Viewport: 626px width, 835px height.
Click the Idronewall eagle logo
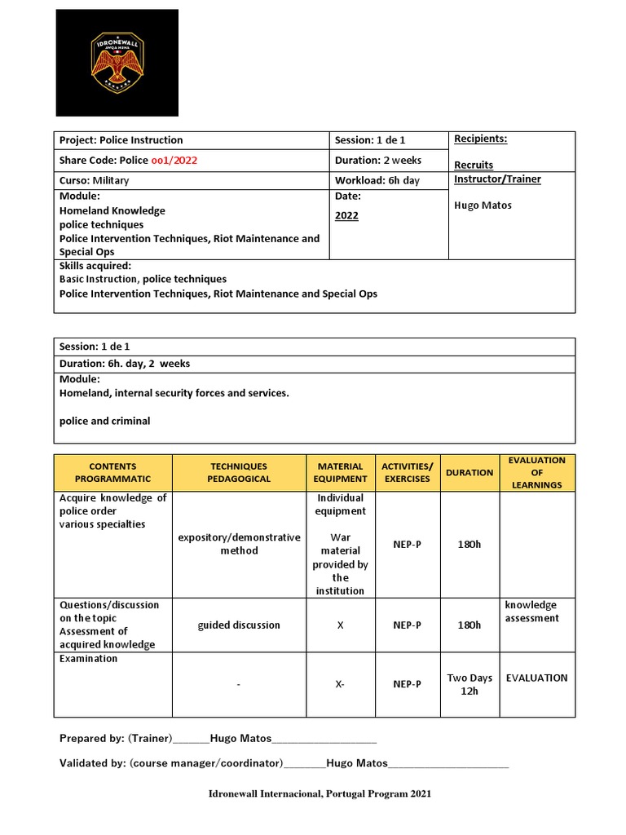117,63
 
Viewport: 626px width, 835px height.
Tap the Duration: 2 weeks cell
378,161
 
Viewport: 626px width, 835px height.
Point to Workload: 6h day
377,180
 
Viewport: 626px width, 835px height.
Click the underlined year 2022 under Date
346,216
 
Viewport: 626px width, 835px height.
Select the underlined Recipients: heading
480,139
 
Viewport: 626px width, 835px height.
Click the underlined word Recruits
474,165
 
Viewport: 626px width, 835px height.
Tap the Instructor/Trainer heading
497,179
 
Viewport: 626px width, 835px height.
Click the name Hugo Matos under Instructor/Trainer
483,205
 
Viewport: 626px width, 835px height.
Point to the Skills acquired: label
95,266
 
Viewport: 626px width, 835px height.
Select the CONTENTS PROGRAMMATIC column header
113,473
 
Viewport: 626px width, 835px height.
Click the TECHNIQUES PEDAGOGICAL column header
239,473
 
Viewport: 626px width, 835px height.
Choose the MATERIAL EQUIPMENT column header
340,473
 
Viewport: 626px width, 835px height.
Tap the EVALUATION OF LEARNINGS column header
536,473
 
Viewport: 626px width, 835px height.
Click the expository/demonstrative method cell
239,544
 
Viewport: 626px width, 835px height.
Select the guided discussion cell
239,625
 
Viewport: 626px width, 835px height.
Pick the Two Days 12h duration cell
469,684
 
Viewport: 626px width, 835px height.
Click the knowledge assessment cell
531,612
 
